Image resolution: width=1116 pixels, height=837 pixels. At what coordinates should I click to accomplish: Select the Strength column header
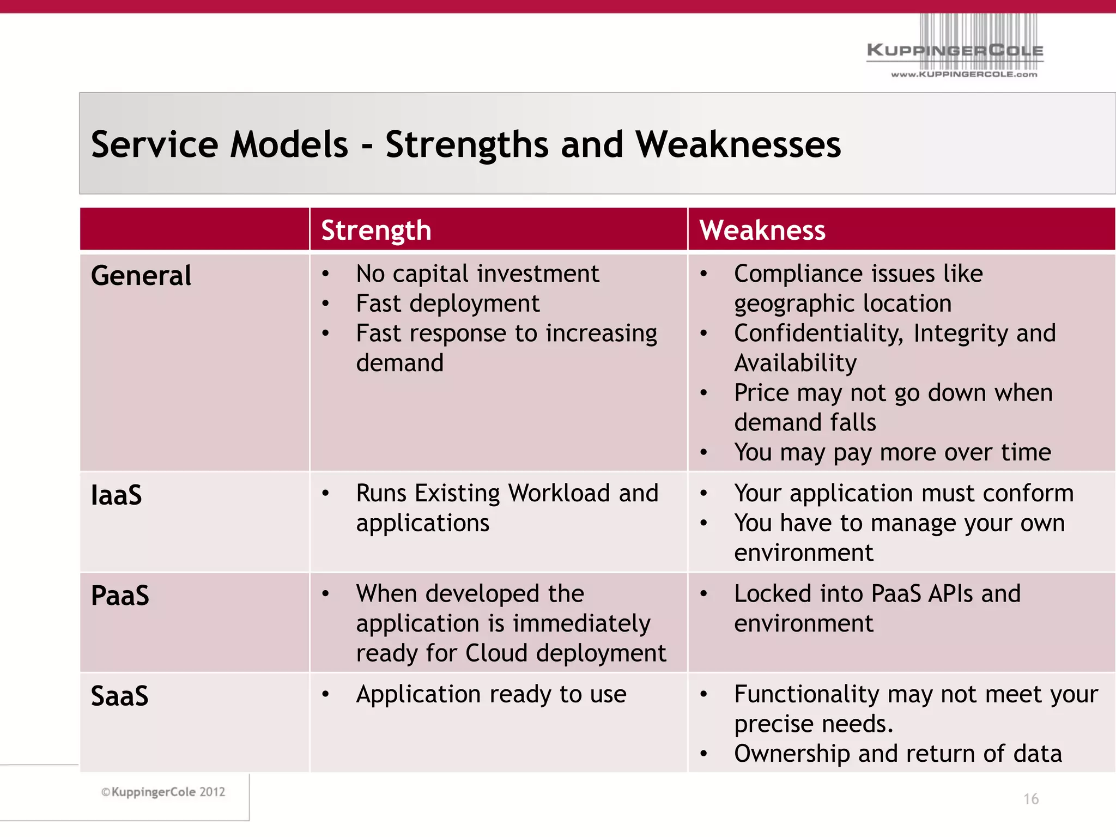pyautogui.click(x=376, y=230)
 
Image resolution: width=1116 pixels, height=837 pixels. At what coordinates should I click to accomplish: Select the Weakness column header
pyautogui.click(x=762, y=230)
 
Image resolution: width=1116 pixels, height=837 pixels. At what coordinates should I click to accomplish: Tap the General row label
pyautogui.click(x=141, y=275)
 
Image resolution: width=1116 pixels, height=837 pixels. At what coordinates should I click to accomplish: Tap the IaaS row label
pyautogui.click(x=116, y=495)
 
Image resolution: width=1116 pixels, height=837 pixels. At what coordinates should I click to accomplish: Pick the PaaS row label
pyautogui.click(x=120, y=595)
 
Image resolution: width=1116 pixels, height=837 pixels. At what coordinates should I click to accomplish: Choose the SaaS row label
pyautogui.click(x=119, y=696)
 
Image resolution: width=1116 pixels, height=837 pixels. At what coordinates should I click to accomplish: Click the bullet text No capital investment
pyautogui.click(x=477, y=274)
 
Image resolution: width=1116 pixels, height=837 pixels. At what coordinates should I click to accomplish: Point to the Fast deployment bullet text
pyautogui.click(x=447, y=304)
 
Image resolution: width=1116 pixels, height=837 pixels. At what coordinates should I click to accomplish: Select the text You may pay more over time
pyautogui.click(x=892, y=452)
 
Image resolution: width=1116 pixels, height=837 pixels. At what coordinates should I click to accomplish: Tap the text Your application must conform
pyautogui.click(x=903, y=493)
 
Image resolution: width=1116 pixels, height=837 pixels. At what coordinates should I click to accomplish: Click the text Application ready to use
pyautogui.click(x=491, y=694)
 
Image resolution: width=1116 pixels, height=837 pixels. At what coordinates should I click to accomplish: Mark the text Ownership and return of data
pyautogui.click(x=897, y=754)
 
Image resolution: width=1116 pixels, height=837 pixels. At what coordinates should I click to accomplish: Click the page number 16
pyautogui.click(x=1030, y=799)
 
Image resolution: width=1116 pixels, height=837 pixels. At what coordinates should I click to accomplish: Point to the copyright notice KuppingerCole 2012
pyautogui.click(x=163, y=792)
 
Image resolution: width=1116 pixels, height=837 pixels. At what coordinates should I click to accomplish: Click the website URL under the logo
pyautogui.click(x=963, y=75)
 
